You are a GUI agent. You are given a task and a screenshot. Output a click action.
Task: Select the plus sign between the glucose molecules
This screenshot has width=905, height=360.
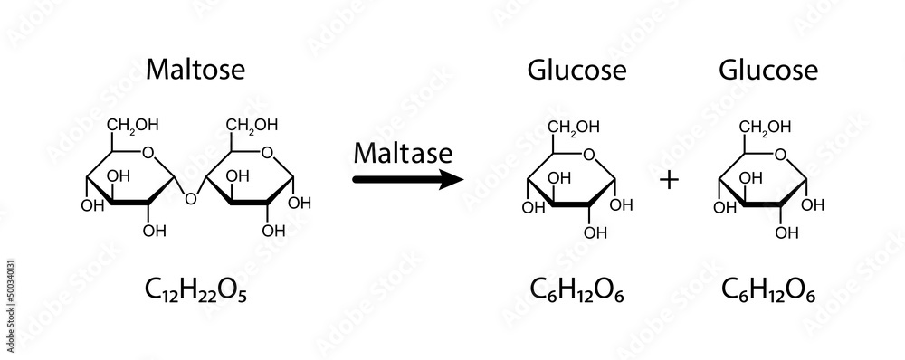pos(669,180)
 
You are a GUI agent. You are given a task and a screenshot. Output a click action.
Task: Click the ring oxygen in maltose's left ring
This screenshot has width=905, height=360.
pos(148,153)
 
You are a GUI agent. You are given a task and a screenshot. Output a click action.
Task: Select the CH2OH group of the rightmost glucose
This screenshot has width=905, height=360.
pos(767,125)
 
